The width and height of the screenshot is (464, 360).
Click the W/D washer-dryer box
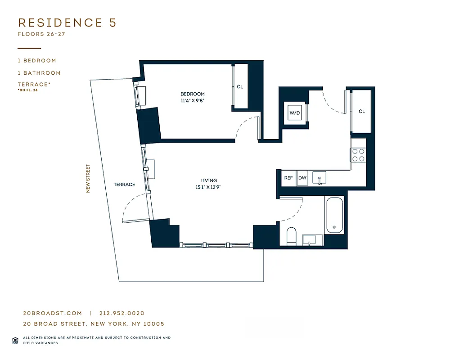[294, 112]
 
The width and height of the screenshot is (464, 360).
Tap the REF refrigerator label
[288, 178]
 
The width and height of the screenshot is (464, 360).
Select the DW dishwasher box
[302, 178]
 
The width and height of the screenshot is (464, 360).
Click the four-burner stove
[358, 155]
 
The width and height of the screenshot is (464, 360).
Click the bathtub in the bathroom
[334, 215]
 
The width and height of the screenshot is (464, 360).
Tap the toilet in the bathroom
[291, 236]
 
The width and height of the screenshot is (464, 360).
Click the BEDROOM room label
[193, 94]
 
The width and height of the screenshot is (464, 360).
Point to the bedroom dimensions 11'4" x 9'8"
[193, 101]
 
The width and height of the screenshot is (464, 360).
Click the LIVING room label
[209, 180]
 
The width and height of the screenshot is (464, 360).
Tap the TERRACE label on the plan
[124, 184]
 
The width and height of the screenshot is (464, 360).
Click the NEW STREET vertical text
[88, 178]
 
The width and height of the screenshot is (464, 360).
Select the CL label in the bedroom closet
[239, 87]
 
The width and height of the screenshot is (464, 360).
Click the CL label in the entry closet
[362, 111]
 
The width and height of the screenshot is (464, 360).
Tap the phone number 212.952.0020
[122, 313]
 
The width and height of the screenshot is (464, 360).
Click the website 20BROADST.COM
[52, 313]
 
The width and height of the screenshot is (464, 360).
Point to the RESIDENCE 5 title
[67, 23]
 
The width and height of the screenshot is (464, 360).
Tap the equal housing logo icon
[15, 340]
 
